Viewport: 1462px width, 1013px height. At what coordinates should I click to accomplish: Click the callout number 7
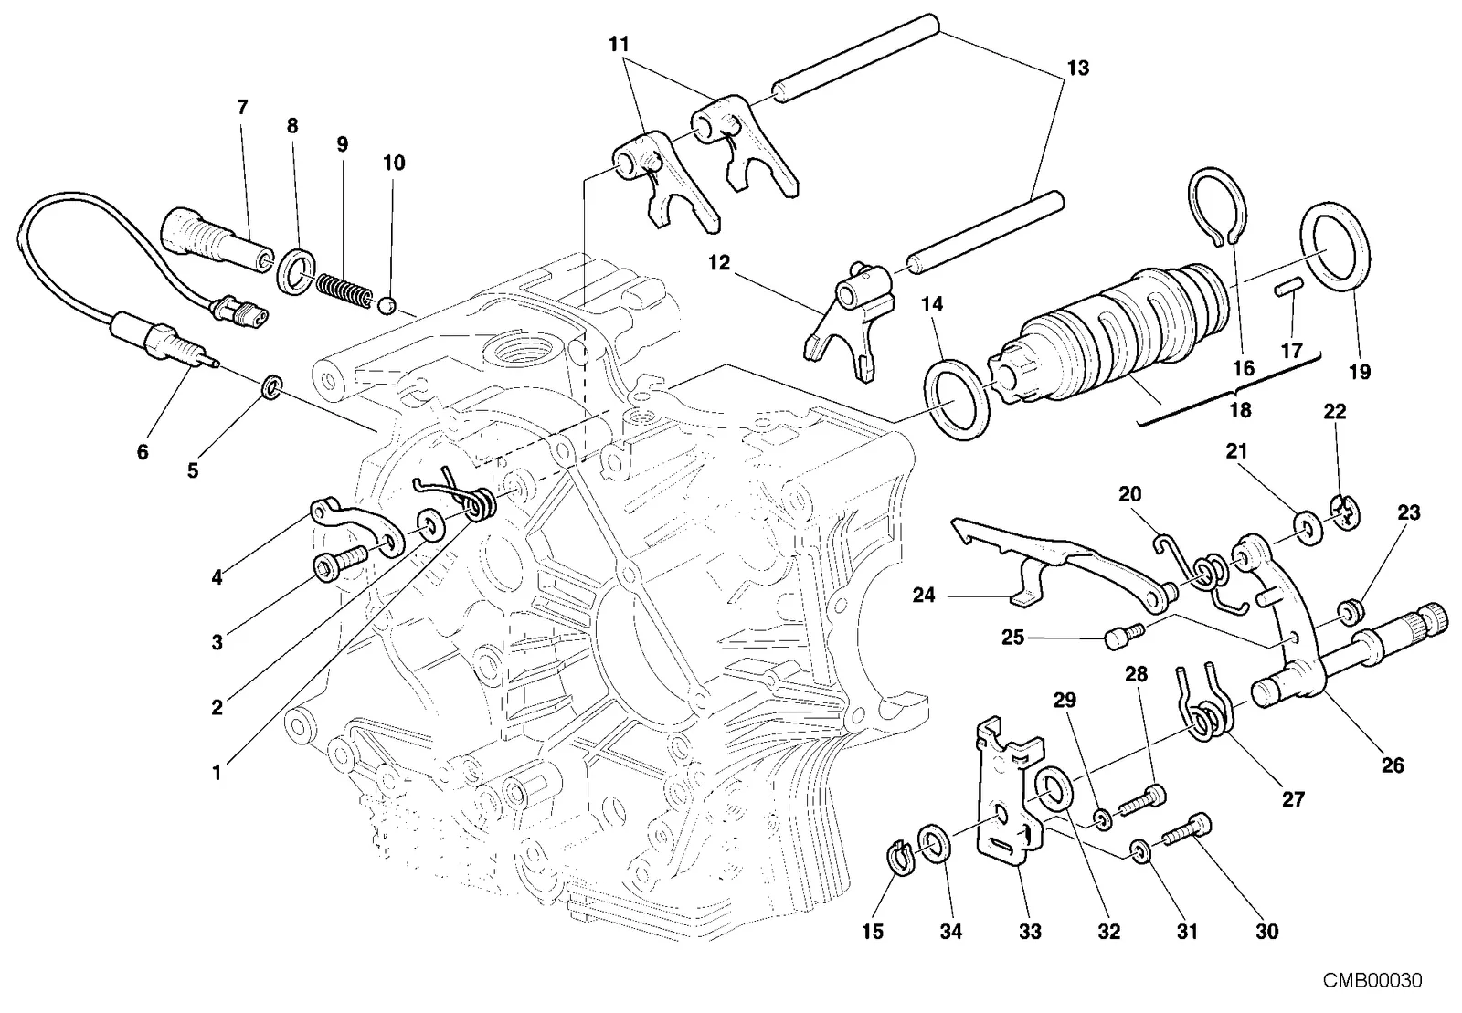click(242, 107)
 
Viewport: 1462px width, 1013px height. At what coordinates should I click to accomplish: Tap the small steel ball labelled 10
click(387, 305)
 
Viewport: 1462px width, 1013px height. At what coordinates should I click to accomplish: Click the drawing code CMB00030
click(1372, 980)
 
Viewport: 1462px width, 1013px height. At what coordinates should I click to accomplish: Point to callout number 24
click(924, 595)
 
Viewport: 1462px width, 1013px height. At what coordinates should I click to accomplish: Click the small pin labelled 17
click(1289, 286)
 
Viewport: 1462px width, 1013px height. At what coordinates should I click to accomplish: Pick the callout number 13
click(1077, 68)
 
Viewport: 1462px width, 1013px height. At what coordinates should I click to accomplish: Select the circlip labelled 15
click(902, 859)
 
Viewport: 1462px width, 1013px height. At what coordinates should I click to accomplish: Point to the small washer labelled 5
click(271, 387)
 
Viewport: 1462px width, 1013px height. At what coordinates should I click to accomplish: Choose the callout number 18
click(1240, 409)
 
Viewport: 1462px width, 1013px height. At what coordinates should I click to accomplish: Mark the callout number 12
click(719, 263)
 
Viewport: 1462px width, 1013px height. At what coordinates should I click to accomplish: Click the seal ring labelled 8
click(299, 270)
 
